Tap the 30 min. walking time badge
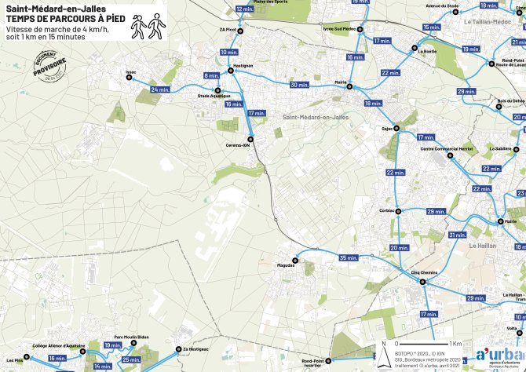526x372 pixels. pyautogui.click(x=300, y=84)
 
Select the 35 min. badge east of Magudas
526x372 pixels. pyautogui.click(x=349, y=258)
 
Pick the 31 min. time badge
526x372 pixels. pyautogui.click(x=458, y=235)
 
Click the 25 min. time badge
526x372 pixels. pyautogui.click(x=131, y=359)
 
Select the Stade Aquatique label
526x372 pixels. pyautogui.click(x=209, y=97)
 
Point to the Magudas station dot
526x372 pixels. pyautogui.click(x=296, y=259)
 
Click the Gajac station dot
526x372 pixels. pyautogui.click(x=396, y=127)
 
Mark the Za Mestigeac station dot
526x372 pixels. pyautogui.click(x=178, y=349)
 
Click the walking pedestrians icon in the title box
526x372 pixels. pyautogui.click(x=148, y=27)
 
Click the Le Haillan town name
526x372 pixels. pyautogui.click(x=484, y=246)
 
